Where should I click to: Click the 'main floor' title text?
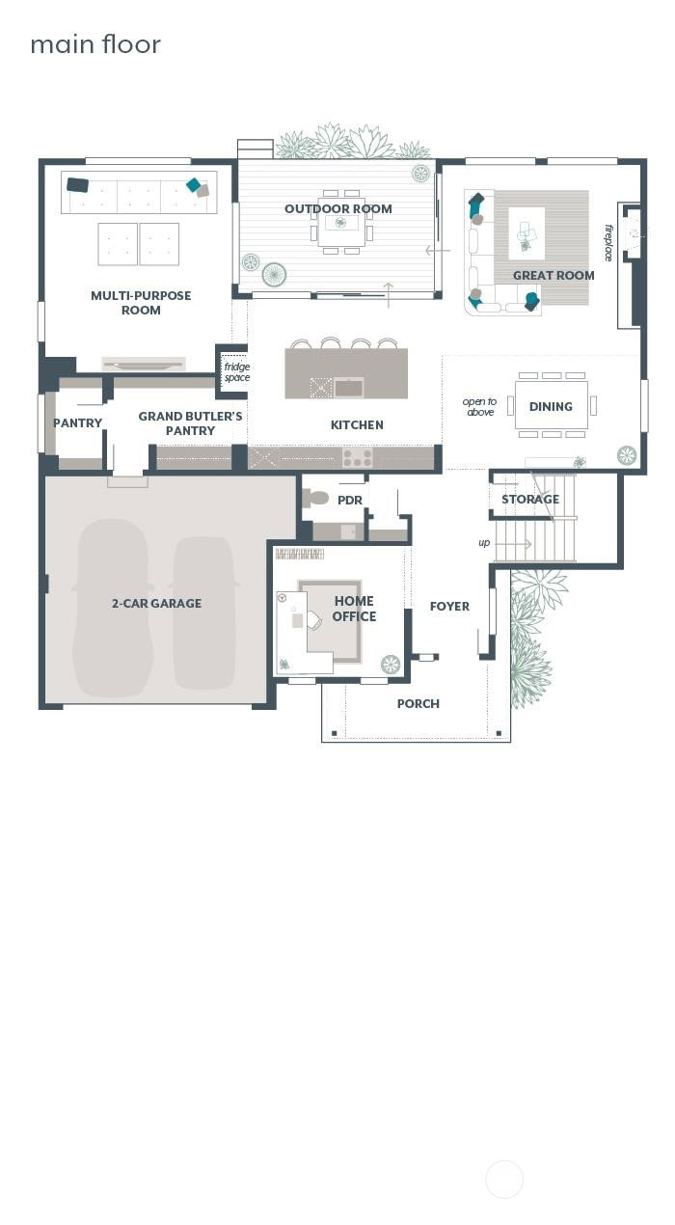pos(95,44)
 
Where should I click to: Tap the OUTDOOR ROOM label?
pos(338,209)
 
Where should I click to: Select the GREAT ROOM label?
pos(553,276)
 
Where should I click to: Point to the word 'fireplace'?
pos(608,243)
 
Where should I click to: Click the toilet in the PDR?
pos(315,498)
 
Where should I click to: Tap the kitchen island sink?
pos(349,388)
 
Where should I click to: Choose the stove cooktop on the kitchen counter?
pos(358,457)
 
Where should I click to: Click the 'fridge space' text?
pos(236,372)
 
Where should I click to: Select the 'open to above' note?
pos(480,407)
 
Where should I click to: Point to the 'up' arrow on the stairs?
pos(513,544)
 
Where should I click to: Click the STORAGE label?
pos(530,500)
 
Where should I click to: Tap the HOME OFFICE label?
pos(354,609)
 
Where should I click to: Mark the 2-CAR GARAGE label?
pos(156,603)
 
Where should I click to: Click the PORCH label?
pos(418,704)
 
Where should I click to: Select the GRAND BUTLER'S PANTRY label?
pos(190,423)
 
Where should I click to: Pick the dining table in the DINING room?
pos(551,405)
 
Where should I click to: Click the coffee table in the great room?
pos(526,233)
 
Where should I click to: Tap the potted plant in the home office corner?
pos(391,664)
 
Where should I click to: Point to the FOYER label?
pos(449,607)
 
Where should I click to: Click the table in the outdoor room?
pos(341,223)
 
